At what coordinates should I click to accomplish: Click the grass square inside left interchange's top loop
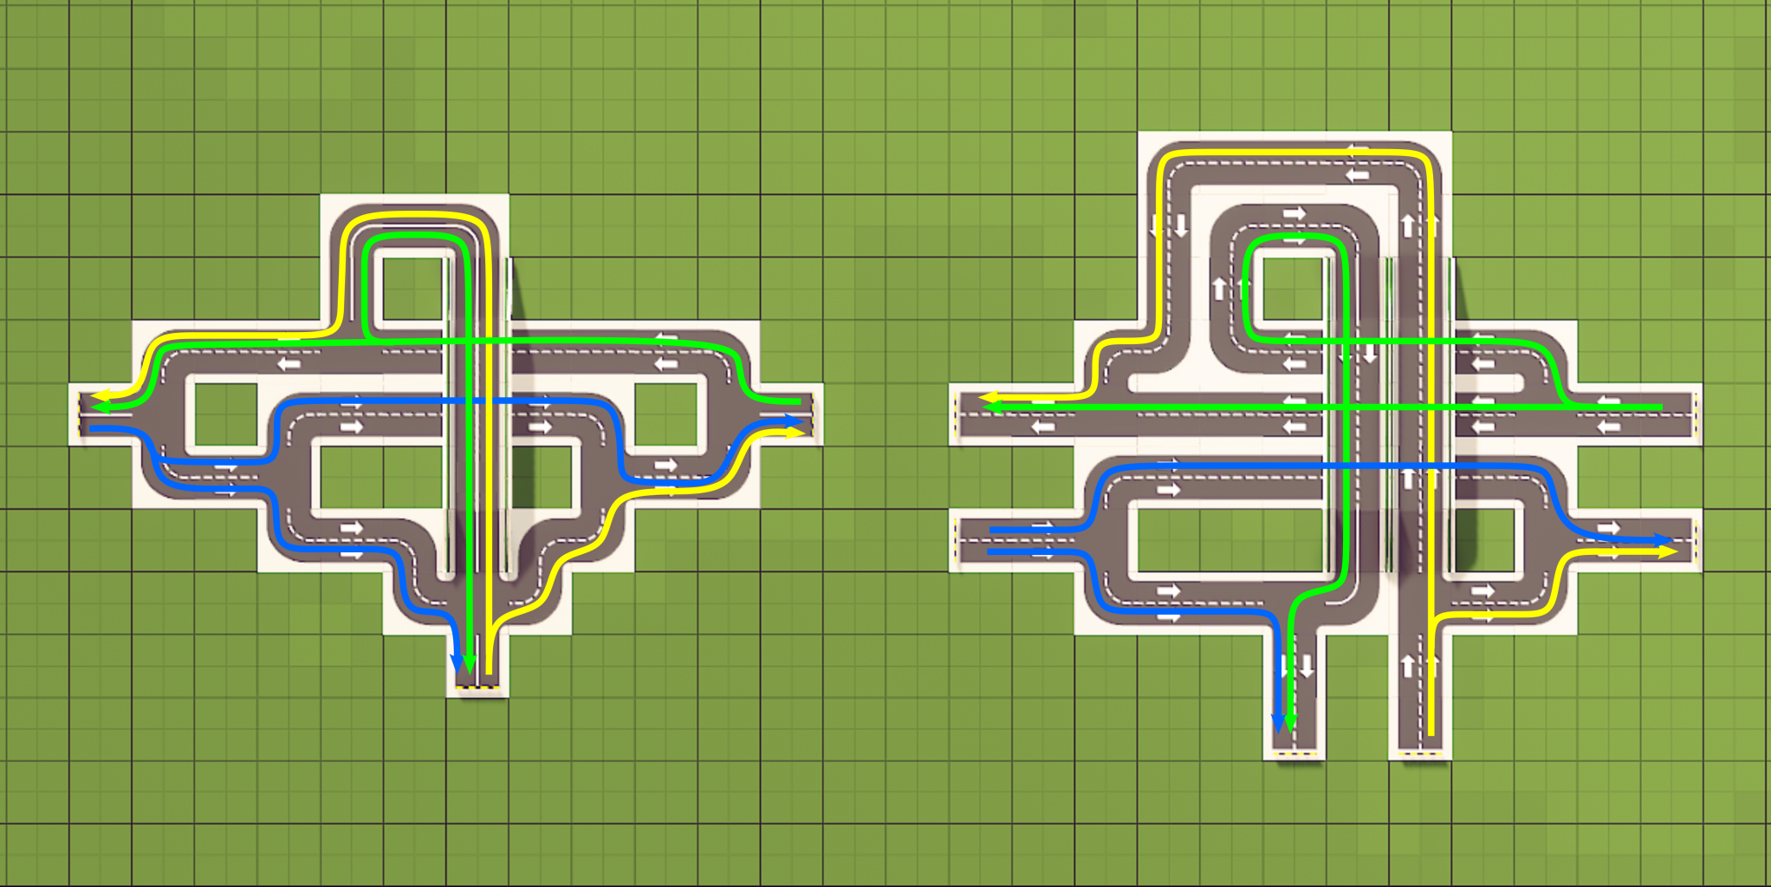coord(412,290)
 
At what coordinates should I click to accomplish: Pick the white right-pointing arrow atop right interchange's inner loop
coord(1294,213)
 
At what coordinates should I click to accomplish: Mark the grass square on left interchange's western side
coord(226,414)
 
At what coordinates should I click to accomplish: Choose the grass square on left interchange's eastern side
coord(665,414)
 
